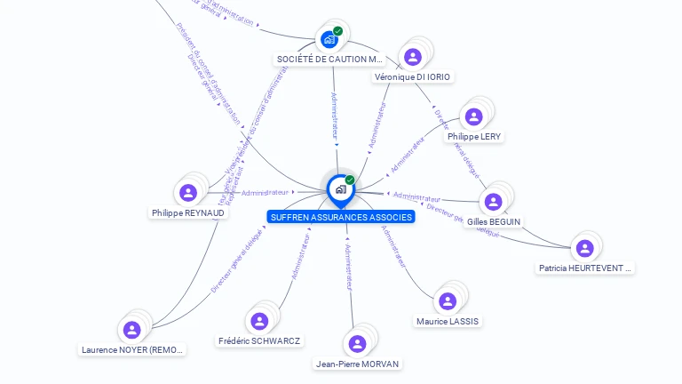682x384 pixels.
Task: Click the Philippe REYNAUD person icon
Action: [x=187, y=192]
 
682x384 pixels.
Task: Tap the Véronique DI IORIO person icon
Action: [x=412, y=57]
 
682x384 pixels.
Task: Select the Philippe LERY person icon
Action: [x=473, y=116]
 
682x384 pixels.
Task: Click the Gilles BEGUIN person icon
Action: [x=493, y=201]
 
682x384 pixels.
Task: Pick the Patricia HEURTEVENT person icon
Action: [x=583, y=248]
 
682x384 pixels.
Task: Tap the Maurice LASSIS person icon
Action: [x=448, y=301]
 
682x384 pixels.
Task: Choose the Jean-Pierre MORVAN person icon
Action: [x=357, y=344]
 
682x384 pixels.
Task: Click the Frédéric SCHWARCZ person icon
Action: [x=259, y=321]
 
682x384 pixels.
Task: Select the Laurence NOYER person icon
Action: [x=132, y=330]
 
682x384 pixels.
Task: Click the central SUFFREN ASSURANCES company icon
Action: [x=340, y=188]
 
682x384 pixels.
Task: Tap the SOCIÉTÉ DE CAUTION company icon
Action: [x=329, y=39]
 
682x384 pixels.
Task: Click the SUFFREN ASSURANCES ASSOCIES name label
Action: [x=341, y=217]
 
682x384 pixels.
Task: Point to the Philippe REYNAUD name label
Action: [x=187, y=213]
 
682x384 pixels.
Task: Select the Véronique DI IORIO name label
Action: [x=413, y=77]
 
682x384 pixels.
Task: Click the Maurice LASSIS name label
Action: [x=448, y=321]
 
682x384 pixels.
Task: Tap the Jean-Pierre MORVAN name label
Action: [x=358, y=364]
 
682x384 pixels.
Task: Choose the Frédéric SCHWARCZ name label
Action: [x=259, y=341]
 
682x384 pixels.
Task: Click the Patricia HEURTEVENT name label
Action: [x=585, y=268]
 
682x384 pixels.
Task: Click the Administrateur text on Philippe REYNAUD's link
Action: [x=266, y=192]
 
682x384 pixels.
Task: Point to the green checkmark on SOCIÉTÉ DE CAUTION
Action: [x=338, y=31]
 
